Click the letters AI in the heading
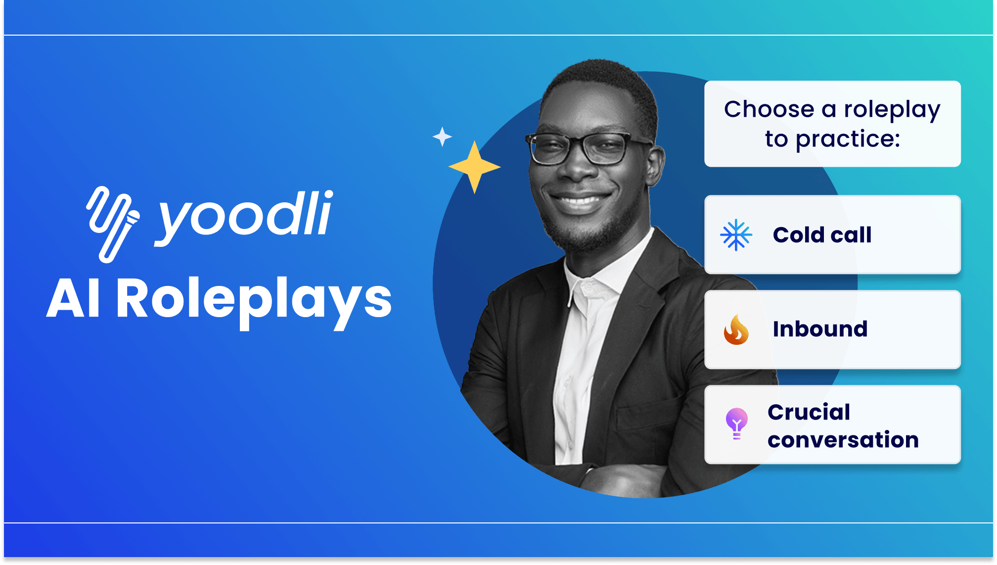[74, 299]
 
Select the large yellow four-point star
[474, 167]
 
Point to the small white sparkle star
[442, 137]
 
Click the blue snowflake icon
[736, 235]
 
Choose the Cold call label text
[822, 235]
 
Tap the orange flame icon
[736, 330]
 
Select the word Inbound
[820, 329]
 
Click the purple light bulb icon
[736, 424]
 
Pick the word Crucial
[809, 412]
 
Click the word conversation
[843, 440]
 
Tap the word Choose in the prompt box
[769, 109]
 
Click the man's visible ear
[656, 166]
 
